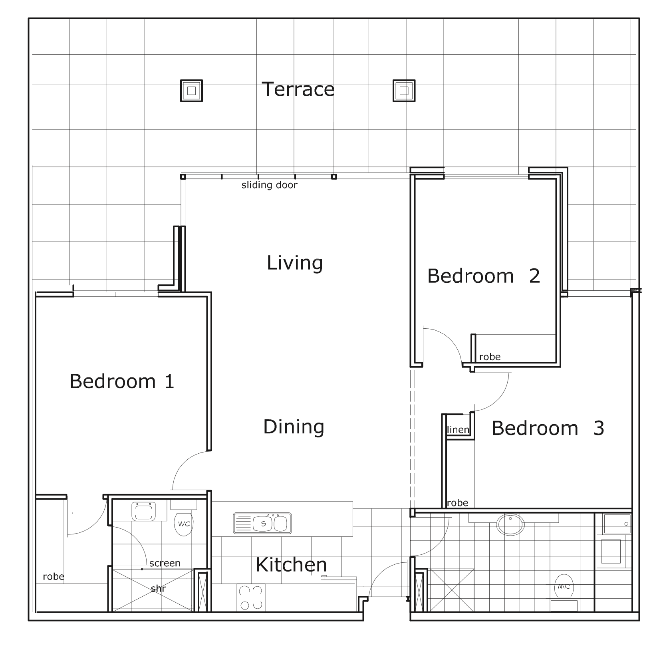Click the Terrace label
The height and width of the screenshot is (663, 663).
pyautogui.click(x=298, y=89)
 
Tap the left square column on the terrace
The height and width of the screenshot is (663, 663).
pyautogui.click(x=191, y=91)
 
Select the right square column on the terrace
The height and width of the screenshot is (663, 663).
pyautogui.click(x=404, y=91)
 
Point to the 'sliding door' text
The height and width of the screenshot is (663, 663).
pyautogui.click(x=270, y=185)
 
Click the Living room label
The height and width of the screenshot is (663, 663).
pyautogui.click(x=295, y=263)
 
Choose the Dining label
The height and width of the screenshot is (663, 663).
pyautogui.click(x=294, y=427)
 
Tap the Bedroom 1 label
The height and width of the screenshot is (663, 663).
pyautogui.click(x=122, y=381)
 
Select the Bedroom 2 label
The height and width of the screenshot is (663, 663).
pyautogui.click(x=484, y=276)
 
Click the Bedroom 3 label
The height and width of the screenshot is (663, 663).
pyautogui.click(x=548, y=428)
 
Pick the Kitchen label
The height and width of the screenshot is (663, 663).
pyautogui.click(x=292, y=565)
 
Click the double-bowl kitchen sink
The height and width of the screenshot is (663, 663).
pyautogui.click(x=262, y=523)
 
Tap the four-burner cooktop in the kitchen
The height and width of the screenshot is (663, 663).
pyautogui.click(x=251, y=597)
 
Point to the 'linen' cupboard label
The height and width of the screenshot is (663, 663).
pyautogui.click(x=458, y=430)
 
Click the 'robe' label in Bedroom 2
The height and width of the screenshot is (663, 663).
pyautogui.click(x=490, y=357)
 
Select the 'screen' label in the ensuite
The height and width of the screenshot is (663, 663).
pyautogui.click(x=165, y=563)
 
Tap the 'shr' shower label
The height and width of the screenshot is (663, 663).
pyautogui.click(x=159, y=588)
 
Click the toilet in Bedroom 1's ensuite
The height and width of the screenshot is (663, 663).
pyautogui.click(x=184, y=519)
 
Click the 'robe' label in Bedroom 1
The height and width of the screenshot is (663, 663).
pyautogui.click(x=54, y=576)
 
